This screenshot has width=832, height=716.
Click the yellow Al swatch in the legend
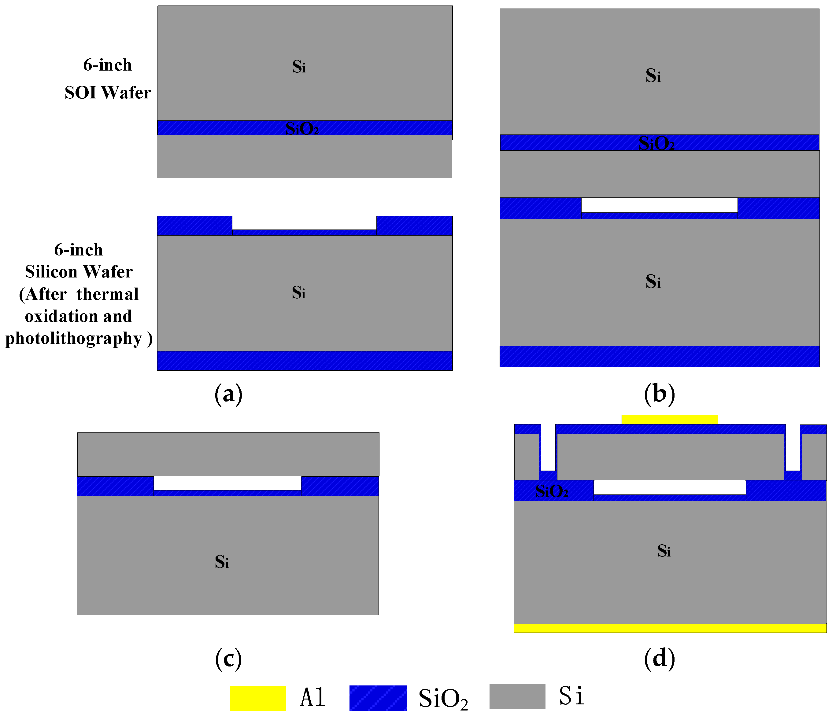coord(258,698)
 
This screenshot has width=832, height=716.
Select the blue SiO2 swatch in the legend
coord(378,698)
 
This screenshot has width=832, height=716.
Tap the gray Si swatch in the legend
coord(517,696)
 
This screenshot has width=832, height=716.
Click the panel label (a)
coord(228,394)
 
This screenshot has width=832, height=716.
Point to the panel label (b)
coord(659,394)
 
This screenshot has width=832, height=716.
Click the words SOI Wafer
coord(108,93)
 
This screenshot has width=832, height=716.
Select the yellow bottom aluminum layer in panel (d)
coord(670,628)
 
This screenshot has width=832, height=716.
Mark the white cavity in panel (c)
coord(227,483)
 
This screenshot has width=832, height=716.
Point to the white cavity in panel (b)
coord(659,205)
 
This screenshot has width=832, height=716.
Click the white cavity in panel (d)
coord(669,487)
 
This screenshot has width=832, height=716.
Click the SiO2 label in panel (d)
coord(552,491)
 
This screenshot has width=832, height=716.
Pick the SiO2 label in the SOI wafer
coord(302,128)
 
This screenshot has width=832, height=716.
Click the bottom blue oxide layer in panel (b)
coord(659,356)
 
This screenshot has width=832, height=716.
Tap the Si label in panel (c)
coord(222,562)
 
